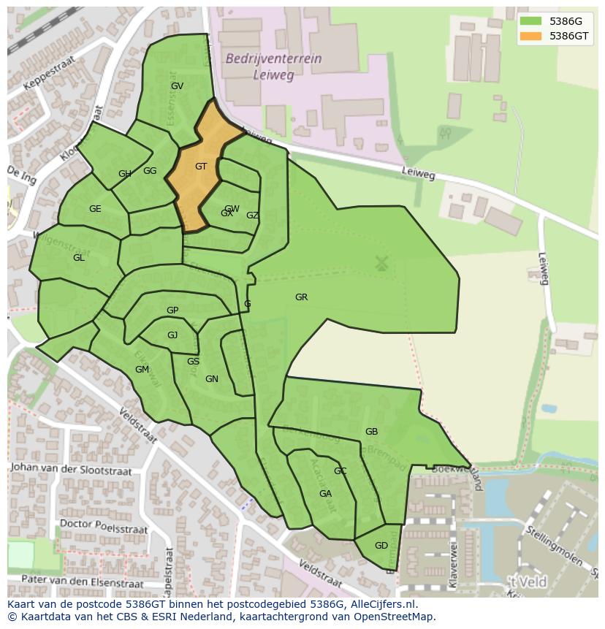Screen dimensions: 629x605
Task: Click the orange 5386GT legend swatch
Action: [x=530, y=36]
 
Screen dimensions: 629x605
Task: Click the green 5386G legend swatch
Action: [x=530, y=21]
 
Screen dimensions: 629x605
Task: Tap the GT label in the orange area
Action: [x=201, y=167]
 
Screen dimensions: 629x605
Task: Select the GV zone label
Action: [x=177, y=86]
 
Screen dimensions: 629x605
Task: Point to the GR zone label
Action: [x=301, y=297]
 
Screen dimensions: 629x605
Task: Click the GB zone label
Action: [x=371, y=432]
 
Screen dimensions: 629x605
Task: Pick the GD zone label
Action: [x=381, y=546]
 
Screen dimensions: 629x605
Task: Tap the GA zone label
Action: [x=325, y=494]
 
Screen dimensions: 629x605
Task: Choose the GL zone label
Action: [x=79, y=258]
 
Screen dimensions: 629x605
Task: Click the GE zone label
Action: [x=95, y=209]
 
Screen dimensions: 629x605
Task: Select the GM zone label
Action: [x=142, y=370]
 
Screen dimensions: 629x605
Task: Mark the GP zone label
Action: [x=172, y=310]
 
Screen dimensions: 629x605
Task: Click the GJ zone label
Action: [x=172, y=335]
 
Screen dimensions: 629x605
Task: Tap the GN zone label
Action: [x=212, y=379]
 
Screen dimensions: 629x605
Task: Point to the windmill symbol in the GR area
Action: [x=381, y=263]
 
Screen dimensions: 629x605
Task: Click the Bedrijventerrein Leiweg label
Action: [x=273, y=66]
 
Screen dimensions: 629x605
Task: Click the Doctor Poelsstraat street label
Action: [x=103, y=526]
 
